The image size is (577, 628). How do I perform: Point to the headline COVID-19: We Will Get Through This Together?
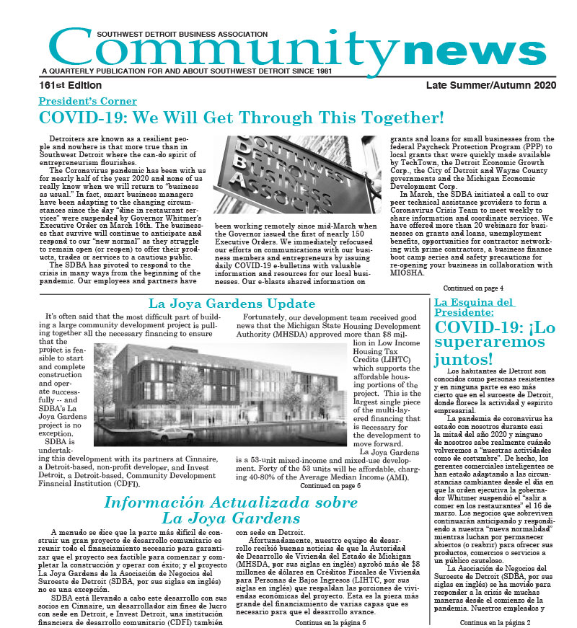[x=241, y=118]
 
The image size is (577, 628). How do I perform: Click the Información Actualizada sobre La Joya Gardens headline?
[x=209, y=510]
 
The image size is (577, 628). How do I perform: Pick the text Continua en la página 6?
[x=330, y=621]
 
